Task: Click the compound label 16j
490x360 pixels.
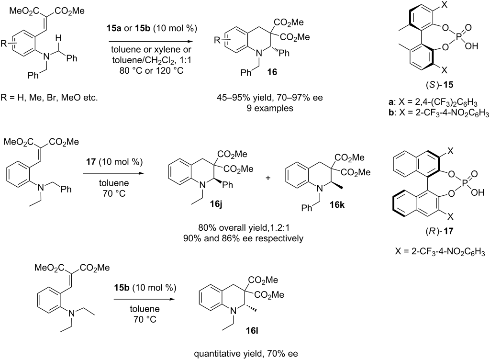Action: click(216, 205)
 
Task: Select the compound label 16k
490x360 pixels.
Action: click(337, 205)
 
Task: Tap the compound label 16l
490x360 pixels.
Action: click(252, 331)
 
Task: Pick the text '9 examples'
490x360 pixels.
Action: click(270, 109)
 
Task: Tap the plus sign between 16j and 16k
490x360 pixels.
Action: click(268, 178)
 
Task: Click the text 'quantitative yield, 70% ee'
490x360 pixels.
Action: click(246, 354)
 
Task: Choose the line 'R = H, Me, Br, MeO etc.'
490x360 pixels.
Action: click(49, 98)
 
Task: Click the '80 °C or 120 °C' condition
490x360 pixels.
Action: click(151, 70)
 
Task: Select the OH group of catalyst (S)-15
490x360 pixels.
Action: click(471, 46)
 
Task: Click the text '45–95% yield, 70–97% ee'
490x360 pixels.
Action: click(270, 98)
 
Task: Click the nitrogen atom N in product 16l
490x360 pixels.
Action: click(232, 311)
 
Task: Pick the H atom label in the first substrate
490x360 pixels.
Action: click(58, 38)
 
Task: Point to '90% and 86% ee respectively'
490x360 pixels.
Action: click(243, 238)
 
